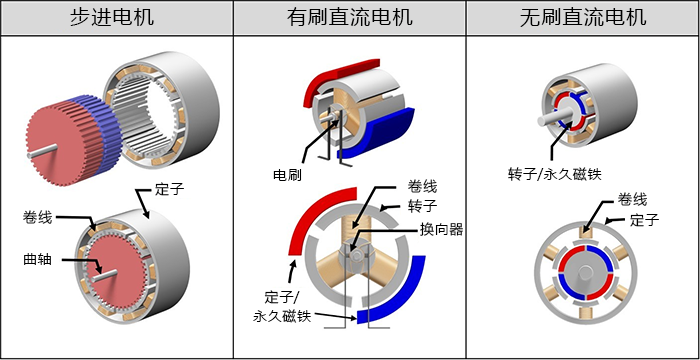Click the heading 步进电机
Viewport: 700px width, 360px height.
[x=117, y=17]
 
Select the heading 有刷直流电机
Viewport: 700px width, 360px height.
[x=349, y=17]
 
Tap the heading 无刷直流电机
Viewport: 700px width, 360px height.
[x=583, y=17]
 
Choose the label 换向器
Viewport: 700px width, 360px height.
[x=442, y=229]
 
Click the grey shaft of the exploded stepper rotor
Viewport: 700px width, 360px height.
[x=41, y=151]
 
